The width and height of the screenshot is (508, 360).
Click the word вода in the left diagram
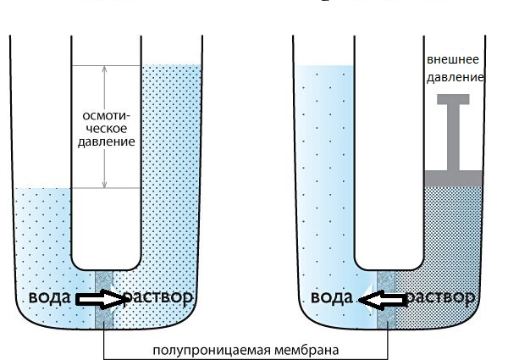tap(50, 297)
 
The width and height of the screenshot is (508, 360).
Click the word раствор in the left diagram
tap(158, 297)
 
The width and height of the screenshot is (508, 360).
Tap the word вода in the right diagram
tap(332, 297)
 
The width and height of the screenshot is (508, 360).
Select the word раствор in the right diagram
tap(440, 297)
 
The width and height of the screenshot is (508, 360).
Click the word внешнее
tap(453, 59)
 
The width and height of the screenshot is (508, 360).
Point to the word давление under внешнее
tap(456, 78)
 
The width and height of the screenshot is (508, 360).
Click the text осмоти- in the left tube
tap(107, 116)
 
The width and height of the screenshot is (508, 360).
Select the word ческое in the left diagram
tap(107, 129)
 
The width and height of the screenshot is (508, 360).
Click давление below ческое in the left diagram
tap(107, 142)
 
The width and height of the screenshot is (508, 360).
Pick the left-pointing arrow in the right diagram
tap(383, 299)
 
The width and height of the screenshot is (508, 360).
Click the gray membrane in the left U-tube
tap(103, 300)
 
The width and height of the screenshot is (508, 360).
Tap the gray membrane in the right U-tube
tap(387, 300)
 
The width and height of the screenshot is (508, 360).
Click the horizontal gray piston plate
tap(453, 178)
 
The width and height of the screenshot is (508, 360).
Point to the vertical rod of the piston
tap(453, 137)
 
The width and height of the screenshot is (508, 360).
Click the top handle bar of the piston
tap(453, 99)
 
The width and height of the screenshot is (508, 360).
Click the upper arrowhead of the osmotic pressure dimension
tap(104, 69)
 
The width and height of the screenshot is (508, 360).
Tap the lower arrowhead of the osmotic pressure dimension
tap(104, 185)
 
